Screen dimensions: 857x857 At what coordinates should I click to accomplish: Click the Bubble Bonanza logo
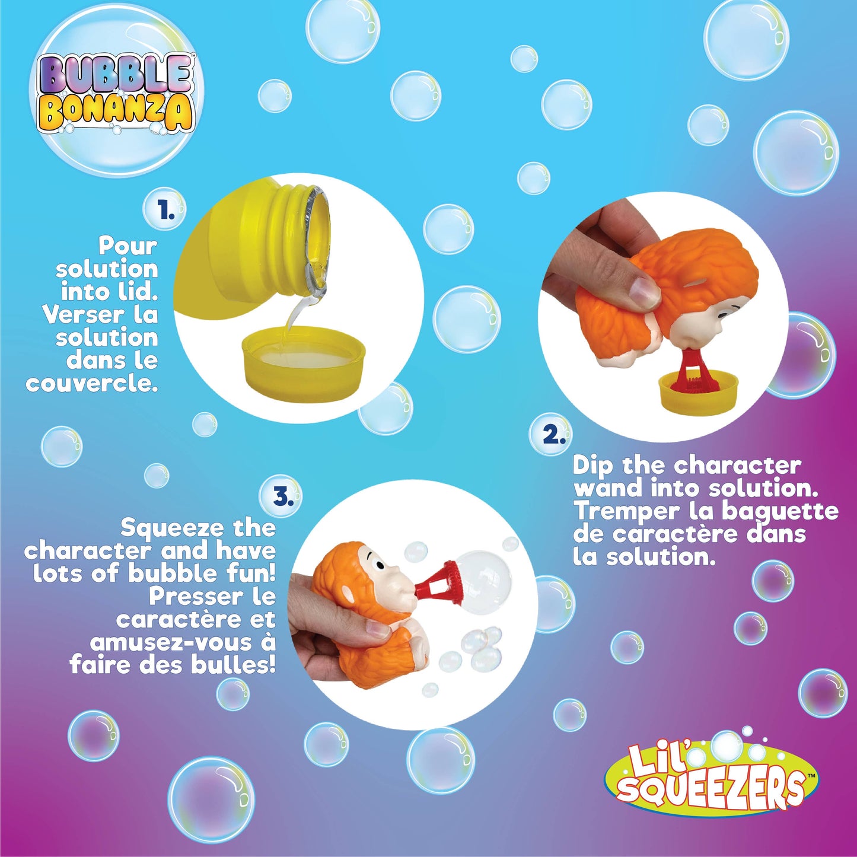(117, 93)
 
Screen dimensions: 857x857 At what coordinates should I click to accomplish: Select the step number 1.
(165, 211)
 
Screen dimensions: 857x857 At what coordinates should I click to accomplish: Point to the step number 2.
(553, 435)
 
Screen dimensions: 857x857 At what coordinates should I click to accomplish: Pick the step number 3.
(283, 497)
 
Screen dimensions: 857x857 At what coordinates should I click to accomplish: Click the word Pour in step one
(128, 245)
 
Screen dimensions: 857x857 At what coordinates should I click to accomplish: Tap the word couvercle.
(92, 383)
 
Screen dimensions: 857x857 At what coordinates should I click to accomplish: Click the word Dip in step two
(592, 466)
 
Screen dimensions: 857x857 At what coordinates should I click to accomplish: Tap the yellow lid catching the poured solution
(304, 359)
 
